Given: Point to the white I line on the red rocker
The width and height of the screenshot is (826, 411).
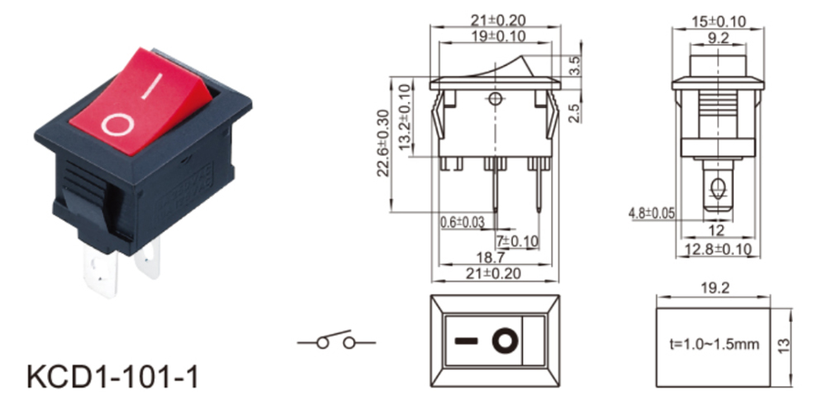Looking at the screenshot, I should (x=150, y=88).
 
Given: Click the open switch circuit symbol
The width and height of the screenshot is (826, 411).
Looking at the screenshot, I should (x=336, y=341).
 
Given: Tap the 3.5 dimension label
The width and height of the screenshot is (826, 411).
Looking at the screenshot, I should (x=574, y=66).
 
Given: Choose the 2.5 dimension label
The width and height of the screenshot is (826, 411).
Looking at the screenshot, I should (x=574, y=112).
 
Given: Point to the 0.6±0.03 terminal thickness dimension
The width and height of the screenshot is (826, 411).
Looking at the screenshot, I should (x=461, y=221).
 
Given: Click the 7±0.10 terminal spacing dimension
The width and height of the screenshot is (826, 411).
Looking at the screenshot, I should (x=517, y=240).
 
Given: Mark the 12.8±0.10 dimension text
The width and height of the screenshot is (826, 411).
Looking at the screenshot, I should (x=717, y=248).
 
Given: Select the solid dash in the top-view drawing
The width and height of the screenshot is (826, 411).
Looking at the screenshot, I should (x=467, y=340).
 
